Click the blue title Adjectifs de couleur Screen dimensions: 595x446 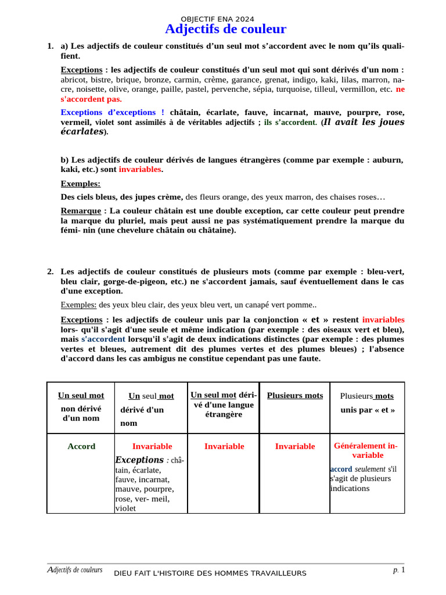(225, 29)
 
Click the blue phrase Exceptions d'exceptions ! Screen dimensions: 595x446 (112, 112)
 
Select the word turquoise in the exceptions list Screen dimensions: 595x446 (296, 89)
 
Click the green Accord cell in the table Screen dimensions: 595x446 (81, 446)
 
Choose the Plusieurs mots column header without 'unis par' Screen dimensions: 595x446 (295, 396)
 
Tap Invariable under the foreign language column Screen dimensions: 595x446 (224, 446)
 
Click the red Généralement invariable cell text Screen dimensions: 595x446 (367, 450)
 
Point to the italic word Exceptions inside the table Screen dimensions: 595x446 (139, 460)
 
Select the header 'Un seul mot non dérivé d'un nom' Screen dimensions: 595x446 (81, 407)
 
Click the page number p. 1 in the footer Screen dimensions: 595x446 (398, 570)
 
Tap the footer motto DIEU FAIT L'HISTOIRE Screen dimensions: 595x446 (210, 574)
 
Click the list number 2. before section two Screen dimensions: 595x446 (51, 271)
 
